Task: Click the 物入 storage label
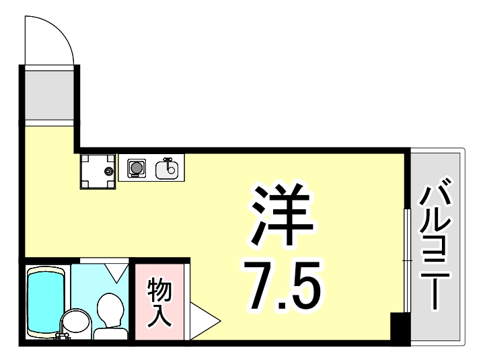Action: click(160, 301)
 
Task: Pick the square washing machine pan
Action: click(97, 171)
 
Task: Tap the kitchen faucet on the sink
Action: click(167, 161)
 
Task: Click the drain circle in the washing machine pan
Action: click(108, 172)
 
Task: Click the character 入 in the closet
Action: click(160, 314)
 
